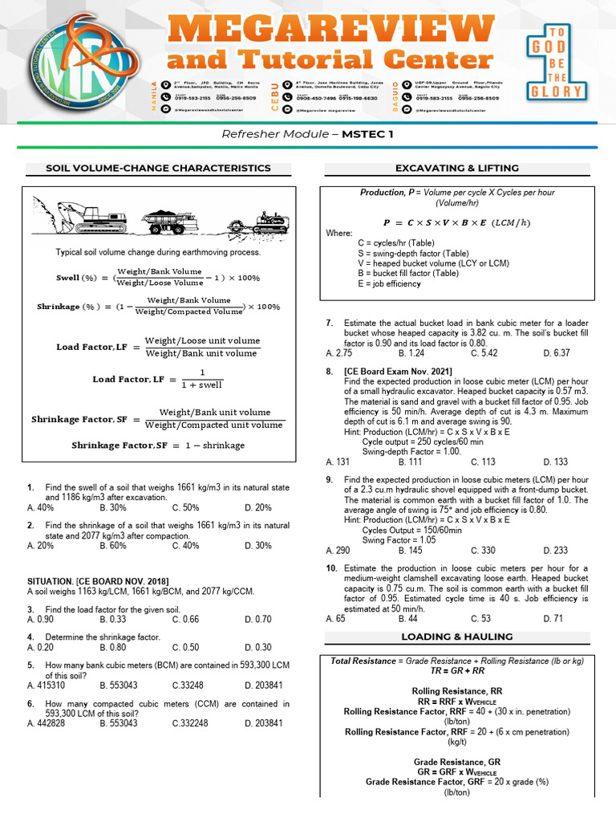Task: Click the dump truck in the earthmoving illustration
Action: click(169, 221)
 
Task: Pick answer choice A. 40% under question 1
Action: click(40, 507)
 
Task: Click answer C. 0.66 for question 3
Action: click(186, 619)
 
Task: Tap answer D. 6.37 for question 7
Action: click(556, 352)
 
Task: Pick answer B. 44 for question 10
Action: click(409, 618)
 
